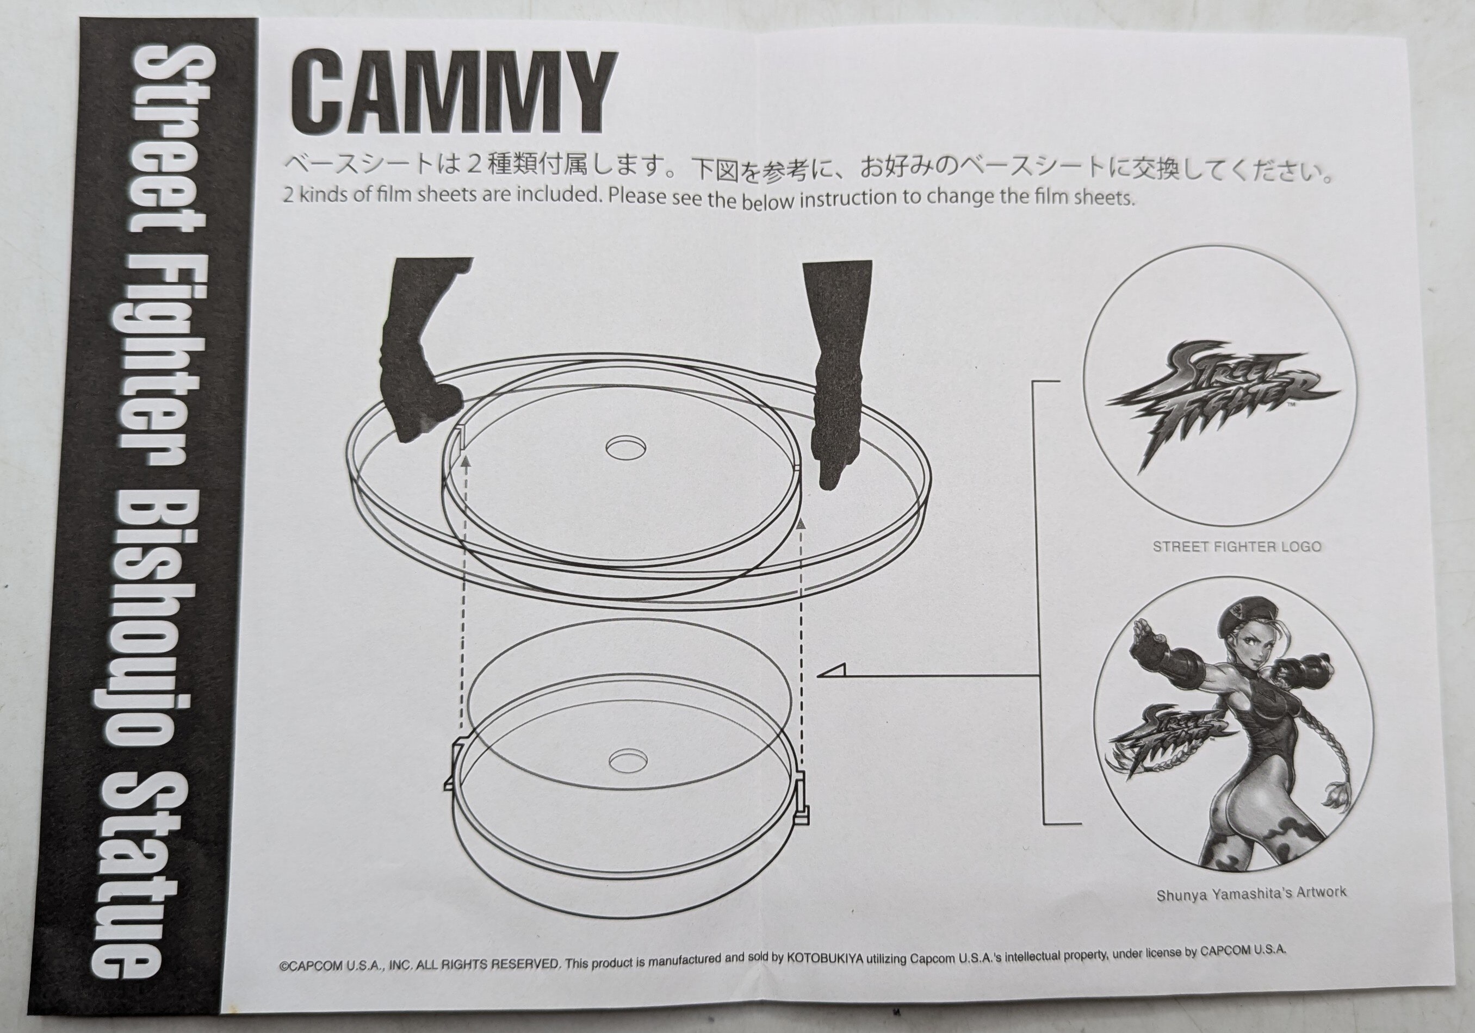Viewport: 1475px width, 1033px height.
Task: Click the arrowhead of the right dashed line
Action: [x=801, y=525]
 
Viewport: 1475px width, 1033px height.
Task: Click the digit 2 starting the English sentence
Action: [x=288, y=196]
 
